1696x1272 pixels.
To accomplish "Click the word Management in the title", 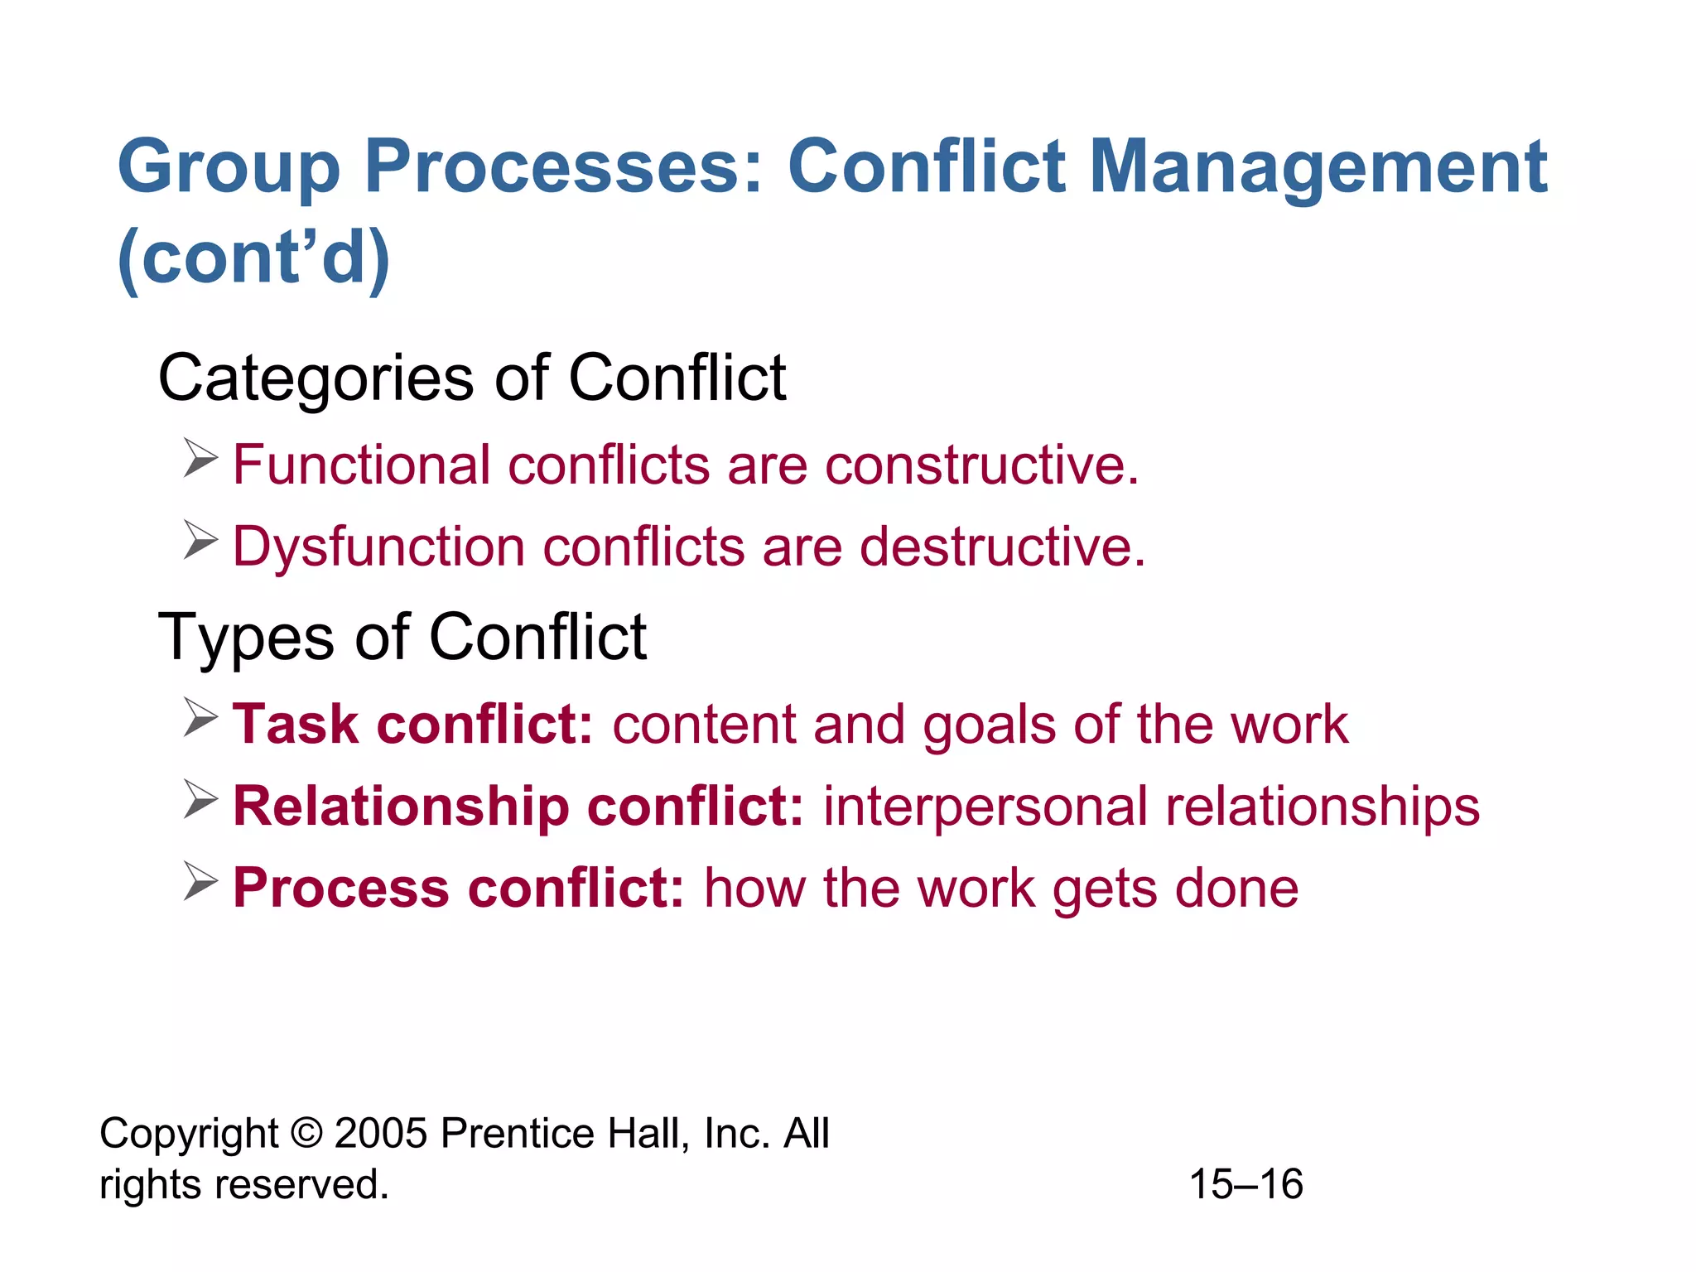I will click(x=1318, y=168).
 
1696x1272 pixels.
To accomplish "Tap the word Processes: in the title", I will click(x=563, y=168).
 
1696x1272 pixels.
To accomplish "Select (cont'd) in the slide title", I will click(x=253, y=258).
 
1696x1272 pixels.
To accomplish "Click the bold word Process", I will click(x=340, y=889).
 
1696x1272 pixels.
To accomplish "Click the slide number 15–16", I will click(x=1245, y=1184).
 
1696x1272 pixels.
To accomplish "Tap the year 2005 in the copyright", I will click(x=381, y=1134).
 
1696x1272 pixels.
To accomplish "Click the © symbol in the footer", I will click(x=306, y=1134).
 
